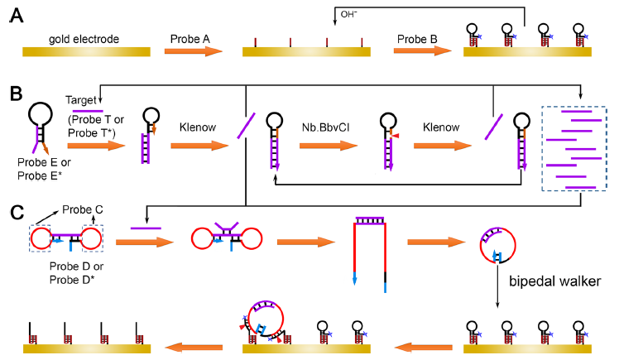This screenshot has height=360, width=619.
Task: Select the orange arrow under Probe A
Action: tap(194, 50)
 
